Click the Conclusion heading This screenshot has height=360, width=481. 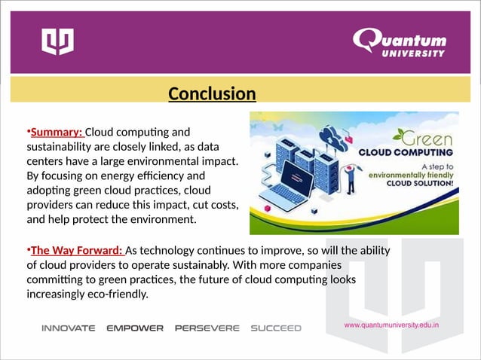click(x=212, y=94)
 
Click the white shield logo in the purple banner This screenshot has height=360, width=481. click(x=57, y=41)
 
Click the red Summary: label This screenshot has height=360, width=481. click(x=57, y=133)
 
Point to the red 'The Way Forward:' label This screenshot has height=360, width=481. click(x=77, y=251)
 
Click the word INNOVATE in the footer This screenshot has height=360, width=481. click(x=68, y=328)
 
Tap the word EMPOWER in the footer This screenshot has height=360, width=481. click(x=135, y=328)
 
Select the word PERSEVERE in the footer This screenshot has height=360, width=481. click(x=207, y=328)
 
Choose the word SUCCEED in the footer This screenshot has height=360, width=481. click(x=275, y=328)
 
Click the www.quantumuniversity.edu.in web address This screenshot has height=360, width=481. click(x=391, y=325)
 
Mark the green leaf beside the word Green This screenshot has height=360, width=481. click(x=398, y=136)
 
